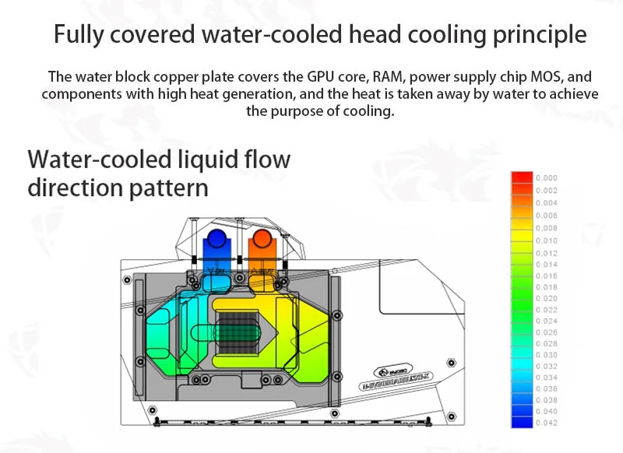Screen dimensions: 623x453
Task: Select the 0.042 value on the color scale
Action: [x=547, y=422]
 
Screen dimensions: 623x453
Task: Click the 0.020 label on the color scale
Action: [x=547, y=298]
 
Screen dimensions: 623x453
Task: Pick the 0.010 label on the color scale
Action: [x=547, y=241]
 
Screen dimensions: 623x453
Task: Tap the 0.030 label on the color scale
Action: [x=547, y=355]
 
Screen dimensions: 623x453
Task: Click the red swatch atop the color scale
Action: [x=521, y=178]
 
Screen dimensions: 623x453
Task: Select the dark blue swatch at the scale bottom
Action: [x=521, y=421]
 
